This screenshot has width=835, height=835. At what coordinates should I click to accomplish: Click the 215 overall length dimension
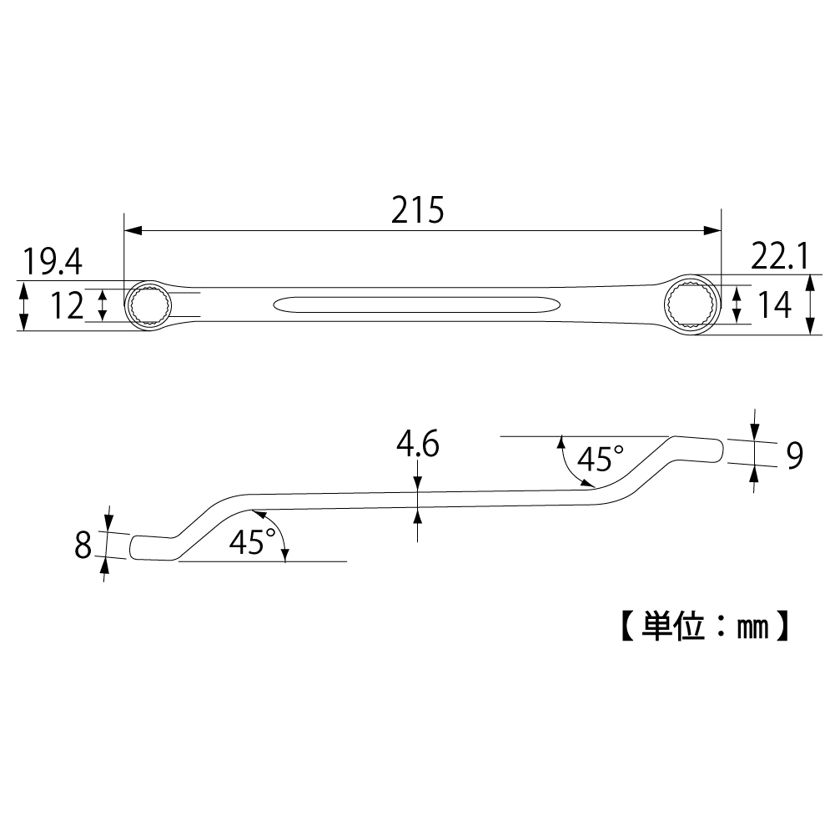click(x=417, y=210)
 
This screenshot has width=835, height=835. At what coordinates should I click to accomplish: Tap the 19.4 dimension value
click(x=52, y=262)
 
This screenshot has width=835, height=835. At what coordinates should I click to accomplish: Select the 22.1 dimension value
click(x=780, y=256)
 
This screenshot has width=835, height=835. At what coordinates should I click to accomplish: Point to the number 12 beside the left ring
click(x=67, y=305)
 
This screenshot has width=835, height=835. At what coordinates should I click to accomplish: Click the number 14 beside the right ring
click(x=774, y=304)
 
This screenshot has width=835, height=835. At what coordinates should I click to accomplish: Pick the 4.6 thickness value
click(x=417, y=444)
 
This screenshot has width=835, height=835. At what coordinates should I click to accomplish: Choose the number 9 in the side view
click(x=794, y=455)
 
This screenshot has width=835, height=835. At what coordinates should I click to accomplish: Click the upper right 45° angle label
click(x=600, y=459)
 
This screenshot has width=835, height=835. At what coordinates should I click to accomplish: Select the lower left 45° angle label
click(x=253, y=542)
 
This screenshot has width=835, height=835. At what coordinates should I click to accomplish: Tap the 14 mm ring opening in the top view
click(x=692, y=305)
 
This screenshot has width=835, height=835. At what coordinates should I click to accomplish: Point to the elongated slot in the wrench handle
click(x=416, y=305)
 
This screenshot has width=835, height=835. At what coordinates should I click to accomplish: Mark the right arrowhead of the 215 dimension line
click(x=712, y=230)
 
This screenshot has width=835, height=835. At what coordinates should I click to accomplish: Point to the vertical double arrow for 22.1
click(x=810, y=304)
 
